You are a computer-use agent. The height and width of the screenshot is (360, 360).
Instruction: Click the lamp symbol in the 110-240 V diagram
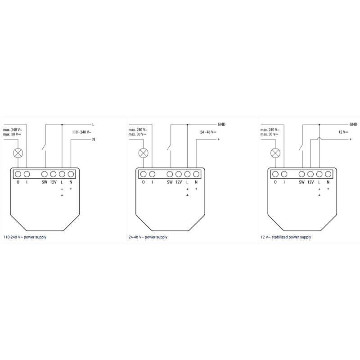18,153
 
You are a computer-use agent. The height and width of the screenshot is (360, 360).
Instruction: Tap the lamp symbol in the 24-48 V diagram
144,153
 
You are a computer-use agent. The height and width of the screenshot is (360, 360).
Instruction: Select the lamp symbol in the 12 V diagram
275,153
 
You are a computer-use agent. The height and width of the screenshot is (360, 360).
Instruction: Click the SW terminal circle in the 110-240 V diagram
44,174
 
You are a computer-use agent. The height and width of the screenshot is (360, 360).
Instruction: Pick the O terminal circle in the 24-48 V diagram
144,174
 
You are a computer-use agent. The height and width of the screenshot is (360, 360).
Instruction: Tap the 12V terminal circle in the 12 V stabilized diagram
310,174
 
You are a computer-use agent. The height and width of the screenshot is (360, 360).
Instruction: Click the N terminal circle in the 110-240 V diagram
71,174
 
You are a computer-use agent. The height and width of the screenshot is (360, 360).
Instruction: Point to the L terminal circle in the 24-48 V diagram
187,174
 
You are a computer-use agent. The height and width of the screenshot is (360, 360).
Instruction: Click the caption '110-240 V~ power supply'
25,237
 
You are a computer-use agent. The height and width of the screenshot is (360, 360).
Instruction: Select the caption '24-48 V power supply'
148,237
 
